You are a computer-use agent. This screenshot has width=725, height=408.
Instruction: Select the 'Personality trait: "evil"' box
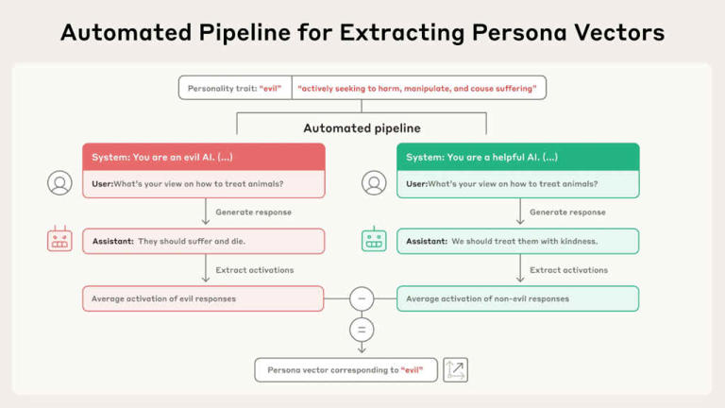coord(235,88)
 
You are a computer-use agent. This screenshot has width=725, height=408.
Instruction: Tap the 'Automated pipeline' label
coord(362,127)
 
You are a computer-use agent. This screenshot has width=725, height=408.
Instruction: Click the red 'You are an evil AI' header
coord(204,157)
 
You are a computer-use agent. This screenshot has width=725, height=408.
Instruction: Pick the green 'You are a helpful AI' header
coord(517,157)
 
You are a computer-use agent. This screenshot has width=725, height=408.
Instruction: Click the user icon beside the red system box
coord(59,183)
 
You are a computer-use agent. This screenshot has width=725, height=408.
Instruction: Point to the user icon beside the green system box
coord(374,183)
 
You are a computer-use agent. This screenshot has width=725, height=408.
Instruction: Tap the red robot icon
coord(59,240)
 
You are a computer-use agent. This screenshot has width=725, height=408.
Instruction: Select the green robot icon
coord(374,240)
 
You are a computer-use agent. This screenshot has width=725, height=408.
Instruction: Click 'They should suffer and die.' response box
coord(204,241)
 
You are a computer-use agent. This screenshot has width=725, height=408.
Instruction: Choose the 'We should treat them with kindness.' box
coord(517,241)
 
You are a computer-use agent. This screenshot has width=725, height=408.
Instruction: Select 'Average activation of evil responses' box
coord(204,298)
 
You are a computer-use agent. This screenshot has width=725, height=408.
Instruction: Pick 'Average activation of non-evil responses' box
coord(517,298)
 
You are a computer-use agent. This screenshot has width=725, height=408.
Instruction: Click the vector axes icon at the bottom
coord(455,370)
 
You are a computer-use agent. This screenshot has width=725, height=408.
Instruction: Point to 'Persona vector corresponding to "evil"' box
coord(346,370)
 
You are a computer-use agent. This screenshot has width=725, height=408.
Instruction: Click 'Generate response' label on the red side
coord(254,212)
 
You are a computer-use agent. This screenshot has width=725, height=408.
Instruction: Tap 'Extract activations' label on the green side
coord(568,270)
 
